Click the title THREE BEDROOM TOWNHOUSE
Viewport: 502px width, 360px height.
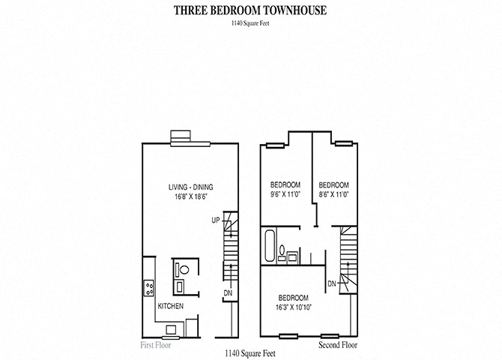[x=250, y=10]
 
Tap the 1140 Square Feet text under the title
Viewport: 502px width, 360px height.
[x=251, y=24]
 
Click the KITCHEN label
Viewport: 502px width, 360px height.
[x=171, y=305]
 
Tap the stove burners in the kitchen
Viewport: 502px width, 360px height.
[x=149, y=285]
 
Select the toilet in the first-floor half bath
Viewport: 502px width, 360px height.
[x=182, y=268]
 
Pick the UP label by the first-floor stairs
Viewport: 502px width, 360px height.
[x=216, y=220]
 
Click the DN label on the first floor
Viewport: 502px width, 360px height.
[x=228, y=292]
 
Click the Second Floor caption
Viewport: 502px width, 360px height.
[x=338, y=345]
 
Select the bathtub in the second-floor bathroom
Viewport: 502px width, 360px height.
[x=269, y=244]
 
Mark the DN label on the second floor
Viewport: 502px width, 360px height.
[x=331, y=283]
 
